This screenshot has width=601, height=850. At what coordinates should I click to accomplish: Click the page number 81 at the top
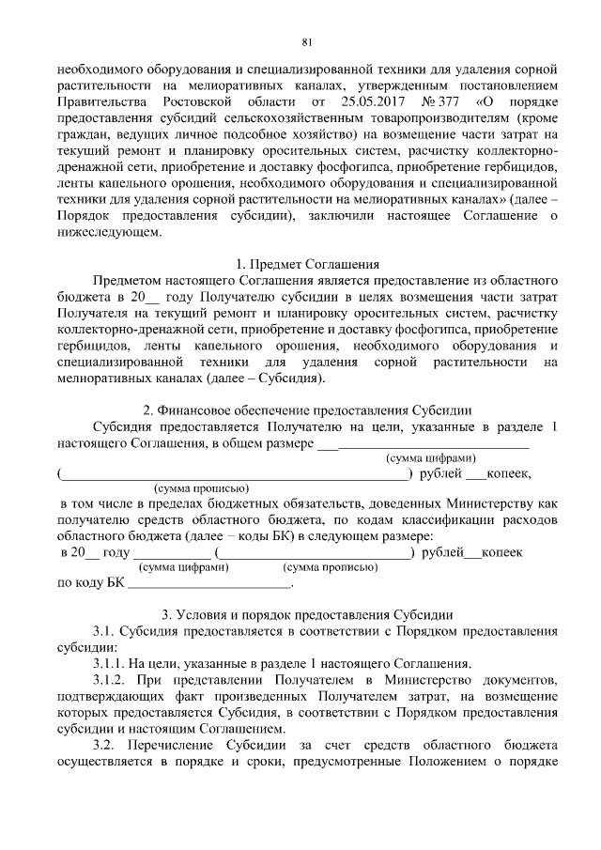[x=307, y=42]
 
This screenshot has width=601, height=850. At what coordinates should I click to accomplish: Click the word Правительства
[x=100, y=100]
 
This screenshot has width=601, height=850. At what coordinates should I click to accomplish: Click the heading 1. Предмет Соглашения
[x=306, y=264]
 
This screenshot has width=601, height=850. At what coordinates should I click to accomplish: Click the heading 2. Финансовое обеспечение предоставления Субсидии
[x=306, y=410]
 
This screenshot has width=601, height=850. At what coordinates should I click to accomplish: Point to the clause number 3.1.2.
[x=113, y=678]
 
